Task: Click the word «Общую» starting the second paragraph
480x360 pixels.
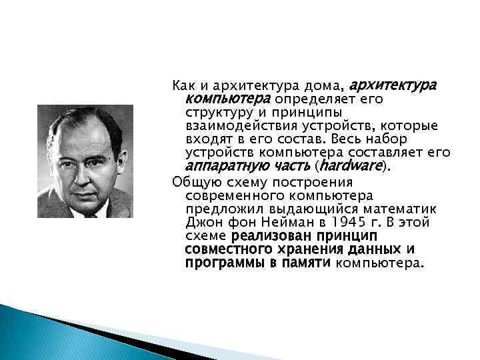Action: pyautogui.click(x=191, y=182)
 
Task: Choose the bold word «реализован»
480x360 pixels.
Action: pyautogui.click(x=266, y=236)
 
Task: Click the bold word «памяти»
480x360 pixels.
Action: pyautogui.click(x=306, y=263)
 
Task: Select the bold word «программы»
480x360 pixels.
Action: pyautogui.click(x=220, y=263)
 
